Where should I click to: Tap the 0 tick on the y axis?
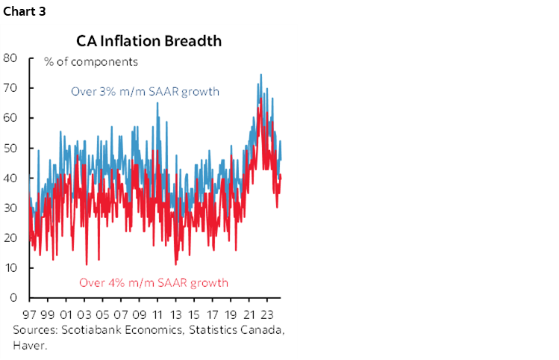coord(13,297)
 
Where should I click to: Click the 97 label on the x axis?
coord(30,314)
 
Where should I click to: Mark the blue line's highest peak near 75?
coord(260,75)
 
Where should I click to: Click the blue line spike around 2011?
coord(157,104)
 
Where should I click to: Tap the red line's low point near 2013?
coord(175,264)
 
